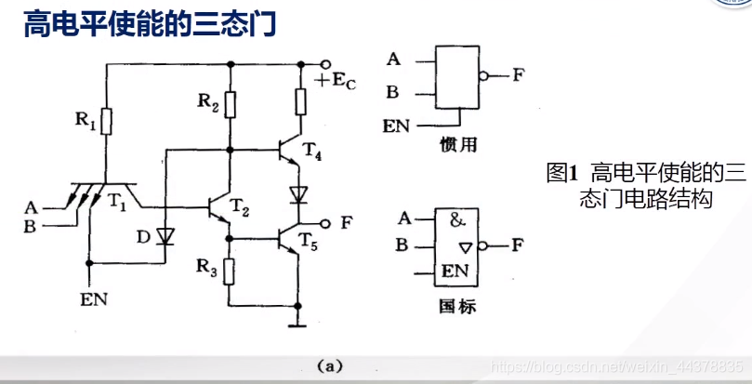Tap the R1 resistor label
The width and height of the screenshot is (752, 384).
(x=86, y=119)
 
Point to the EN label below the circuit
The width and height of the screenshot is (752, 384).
(x=92, y=298)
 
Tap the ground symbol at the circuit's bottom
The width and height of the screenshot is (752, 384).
(x=298, y=323)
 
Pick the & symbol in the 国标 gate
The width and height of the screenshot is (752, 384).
(x=457, y=221)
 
